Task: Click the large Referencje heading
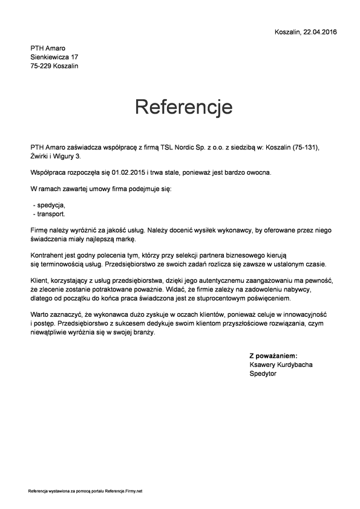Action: [x=183, y=107]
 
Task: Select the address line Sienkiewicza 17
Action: [x=54, y=57]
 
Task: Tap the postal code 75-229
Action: [x=41, y=66]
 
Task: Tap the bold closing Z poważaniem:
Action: [x=273, y=356]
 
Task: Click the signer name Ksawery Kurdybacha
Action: [x=281, y=365]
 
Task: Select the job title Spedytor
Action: [x=263, y=374]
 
